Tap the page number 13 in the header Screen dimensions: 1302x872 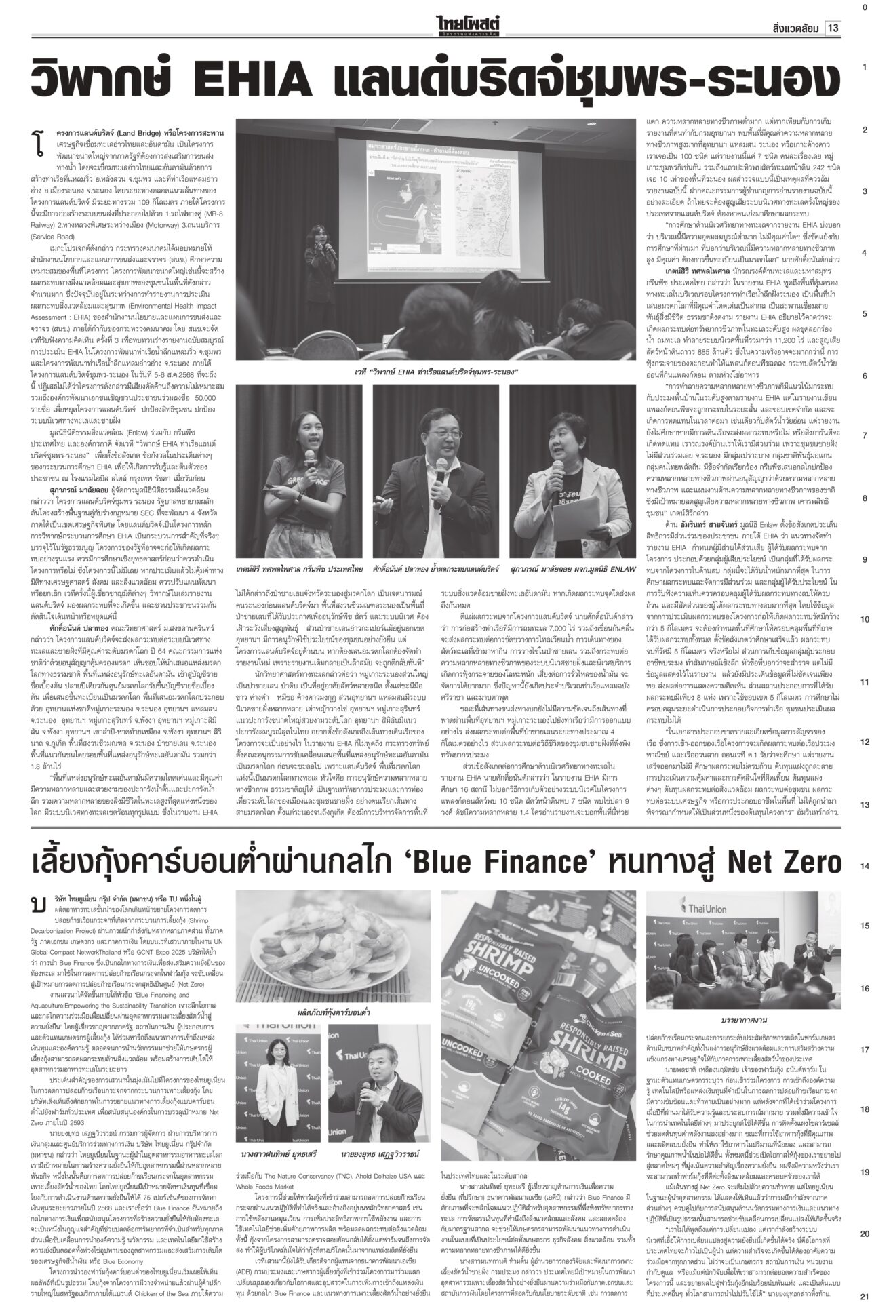833,28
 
